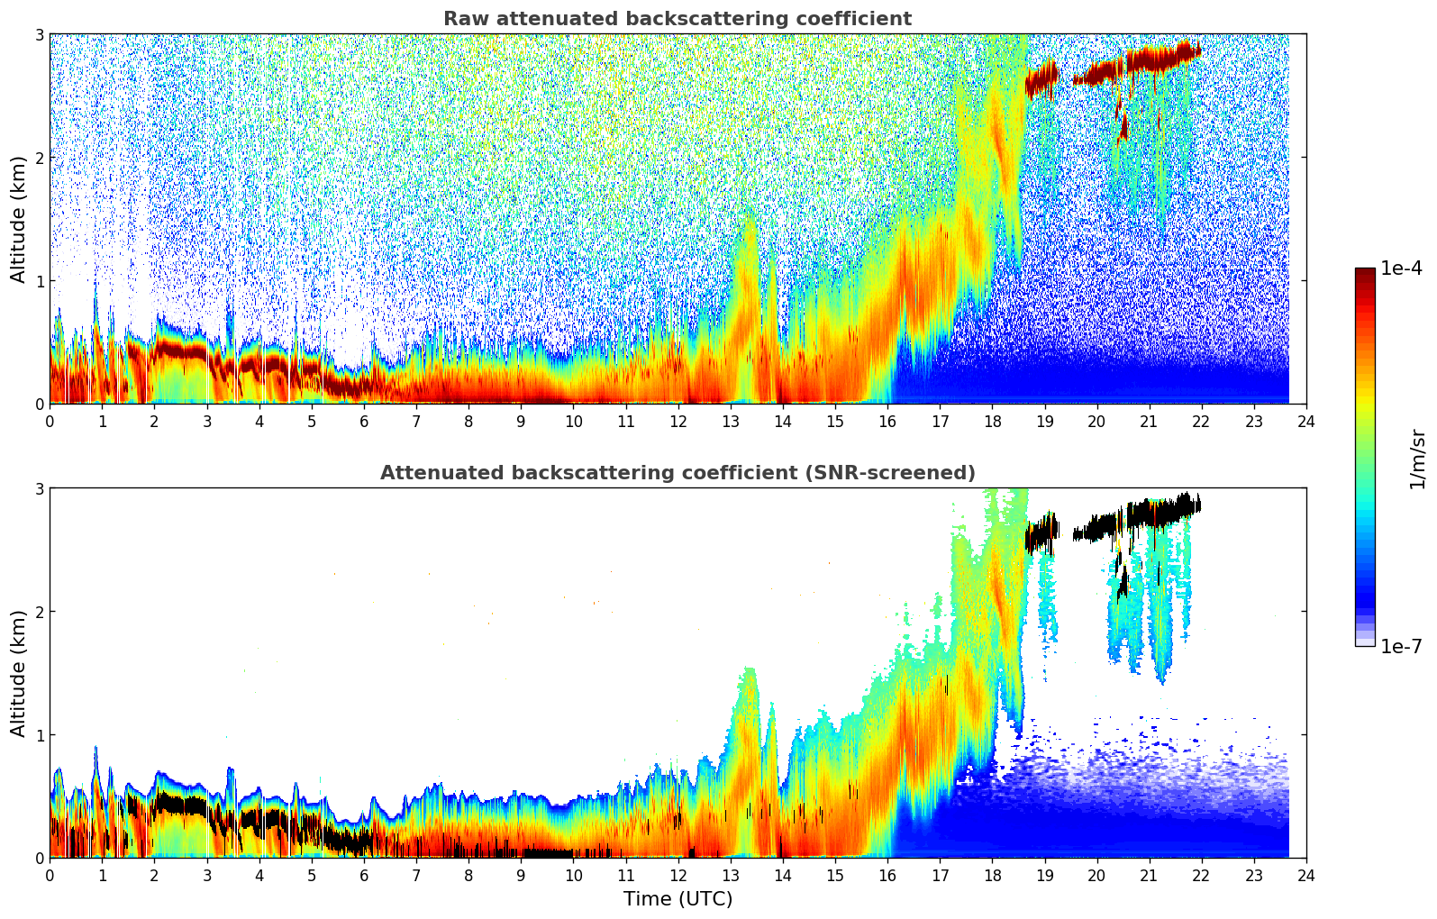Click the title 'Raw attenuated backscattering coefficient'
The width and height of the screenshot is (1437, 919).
pos(677,19)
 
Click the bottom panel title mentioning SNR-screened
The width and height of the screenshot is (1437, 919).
pos(677,473)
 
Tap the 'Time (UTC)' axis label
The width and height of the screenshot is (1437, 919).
pos(678,899)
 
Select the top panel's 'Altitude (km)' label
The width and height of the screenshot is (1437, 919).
pos(19,219)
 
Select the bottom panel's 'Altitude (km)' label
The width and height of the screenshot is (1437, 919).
pos(19,673)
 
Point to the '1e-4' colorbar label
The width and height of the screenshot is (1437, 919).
pos(1401,268)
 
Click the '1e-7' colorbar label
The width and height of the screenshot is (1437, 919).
pos(1401,646)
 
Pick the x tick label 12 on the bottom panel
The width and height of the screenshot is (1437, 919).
pos(678,876)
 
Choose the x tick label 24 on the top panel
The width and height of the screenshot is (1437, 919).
pos(1306,422)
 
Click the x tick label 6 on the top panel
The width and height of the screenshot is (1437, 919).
pos(364,422)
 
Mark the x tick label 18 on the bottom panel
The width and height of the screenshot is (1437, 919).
pos(992,876)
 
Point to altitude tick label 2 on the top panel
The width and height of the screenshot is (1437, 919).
pos(40,158)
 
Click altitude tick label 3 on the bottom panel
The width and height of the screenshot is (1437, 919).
pos(40,489)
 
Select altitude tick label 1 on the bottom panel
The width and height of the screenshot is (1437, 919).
pos(40,735)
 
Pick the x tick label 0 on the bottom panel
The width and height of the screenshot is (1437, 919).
pos(50,876)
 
